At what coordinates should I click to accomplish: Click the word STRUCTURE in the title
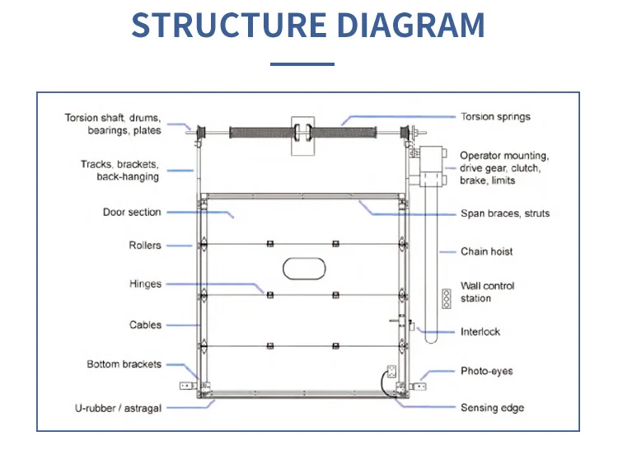(229, 26)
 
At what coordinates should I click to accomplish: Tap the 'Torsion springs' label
(495, 117)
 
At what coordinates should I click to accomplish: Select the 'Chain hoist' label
(487, 251)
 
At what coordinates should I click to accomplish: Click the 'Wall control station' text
(488, 292)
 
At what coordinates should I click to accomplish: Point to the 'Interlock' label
(480, 332)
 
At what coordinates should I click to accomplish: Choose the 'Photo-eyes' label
(487, 371)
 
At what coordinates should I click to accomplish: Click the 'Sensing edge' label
(492, 408)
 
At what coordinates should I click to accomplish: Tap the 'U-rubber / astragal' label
(118, 408)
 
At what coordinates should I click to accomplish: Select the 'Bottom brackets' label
(124, 364)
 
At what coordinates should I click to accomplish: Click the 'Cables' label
(145, 325)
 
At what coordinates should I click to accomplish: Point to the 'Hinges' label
(145, 284)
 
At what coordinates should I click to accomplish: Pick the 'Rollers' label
(145, 245)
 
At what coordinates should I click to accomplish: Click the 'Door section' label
(132, 212)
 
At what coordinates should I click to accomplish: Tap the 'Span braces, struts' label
(505, 213)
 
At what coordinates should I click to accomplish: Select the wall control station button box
(447, 298)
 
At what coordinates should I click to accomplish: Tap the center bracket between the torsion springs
(302, 136)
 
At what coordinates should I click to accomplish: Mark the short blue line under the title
(302, 63)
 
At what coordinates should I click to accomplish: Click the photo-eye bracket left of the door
(188, 386)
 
